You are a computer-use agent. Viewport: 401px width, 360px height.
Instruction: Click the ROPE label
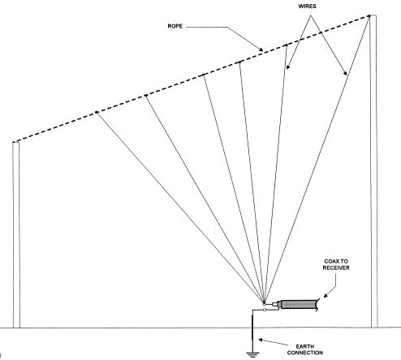175,26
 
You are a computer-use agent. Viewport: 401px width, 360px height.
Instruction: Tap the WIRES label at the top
307,6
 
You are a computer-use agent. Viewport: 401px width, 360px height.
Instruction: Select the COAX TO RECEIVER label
336,264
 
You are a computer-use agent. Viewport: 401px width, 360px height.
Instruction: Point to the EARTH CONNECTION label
305,349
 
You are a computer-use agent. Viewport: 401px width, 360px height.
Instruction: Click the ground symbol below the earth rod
252,354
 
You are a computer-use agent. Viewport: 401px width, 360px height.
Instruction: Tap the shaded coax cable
300,305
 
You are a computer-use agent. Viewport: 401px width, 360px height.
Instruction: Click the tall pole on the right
373,171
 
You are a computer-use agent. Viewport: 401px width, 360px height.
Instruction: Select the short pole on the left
16,235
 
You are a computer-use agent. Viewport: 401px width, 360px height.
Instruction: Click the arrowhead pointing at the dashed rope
261,49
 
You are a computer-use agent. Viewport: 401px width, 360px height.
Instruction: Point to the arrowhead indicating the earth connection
261,340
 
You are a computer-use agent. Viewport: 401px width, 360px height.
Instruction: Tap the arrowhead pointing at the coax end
326,295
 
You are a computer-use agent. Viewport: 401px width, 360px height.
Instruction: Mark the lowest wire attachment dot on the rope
97,112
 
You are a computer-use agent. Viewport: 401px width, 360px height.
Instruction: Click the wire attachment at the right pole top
369,16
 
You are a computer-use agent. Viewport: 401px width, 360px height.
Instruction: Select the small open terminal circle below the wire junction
265,310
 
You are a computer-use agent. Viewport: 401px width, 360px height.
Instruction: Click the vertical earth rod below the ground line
252,340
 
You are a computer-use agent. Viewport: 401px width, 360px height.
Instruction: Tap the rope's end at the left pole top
14,141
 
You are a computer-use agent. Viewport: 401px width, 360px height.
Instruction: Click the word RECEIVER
336,268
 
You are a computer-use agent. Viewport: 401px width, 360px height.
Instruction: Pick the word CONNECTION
305,353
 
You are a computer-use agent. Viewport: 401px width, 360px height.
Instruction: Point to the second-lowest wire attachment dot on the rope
146,95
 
